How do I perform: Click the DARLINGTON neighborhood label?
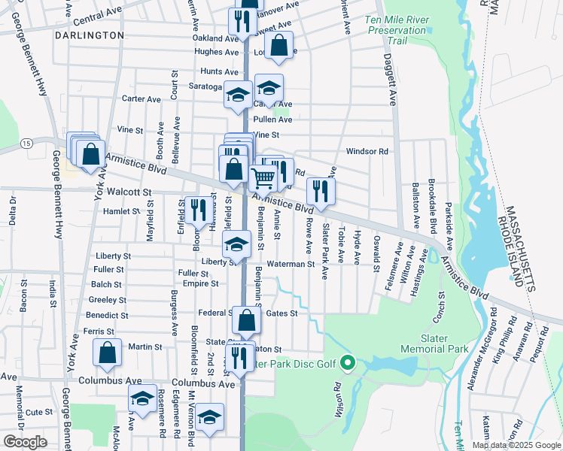tap(90, 35)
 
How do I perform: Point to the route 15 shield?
tap(26, 143)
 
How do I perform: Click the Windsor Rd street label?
tap(367, 151)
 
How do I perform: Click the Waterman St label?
tap(289, 264)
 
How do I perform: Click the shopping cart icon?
tap(263, 178)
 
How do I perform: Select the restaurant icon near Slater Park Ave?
tap(321, 191)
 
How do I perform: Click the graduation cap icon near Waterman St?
tap(236, 244)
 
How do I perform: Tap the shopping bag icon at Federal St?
tap(246, 320)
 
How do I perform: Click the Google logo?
tap(25, 442)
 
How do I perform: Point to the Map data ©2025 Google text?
tap(516, 445)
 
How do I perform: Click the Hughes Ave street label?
tap(216, 52)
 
